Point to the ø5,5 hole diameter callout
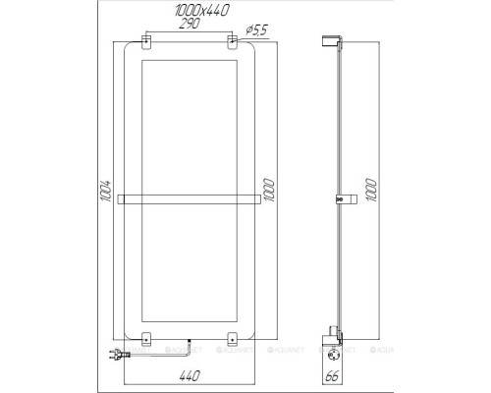point(257,27)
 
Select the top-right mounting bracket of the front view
point(233,44)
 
